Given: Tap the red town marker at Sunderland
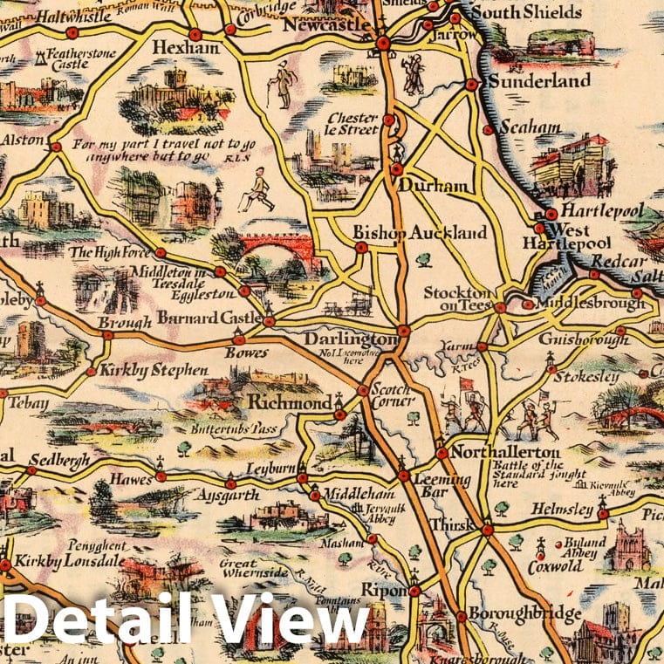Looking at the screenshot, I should tap(471, 85).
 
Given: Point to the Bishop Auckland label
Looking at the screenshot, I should tap(420, 233).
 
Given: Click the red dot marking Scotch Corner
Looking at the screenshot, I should tap(363, 390).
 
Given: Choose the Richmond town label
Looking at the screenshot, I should tap(289, 402).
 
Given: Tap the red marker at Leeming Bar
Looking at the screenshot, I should tap(404, 476).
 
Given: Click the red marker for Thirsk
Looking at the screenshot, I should tap(487, 529).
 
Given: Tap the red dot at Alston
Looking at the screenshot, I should tap(56, 147).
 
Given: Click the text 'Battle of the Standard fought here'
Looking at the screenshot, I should tap(528, 480).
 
